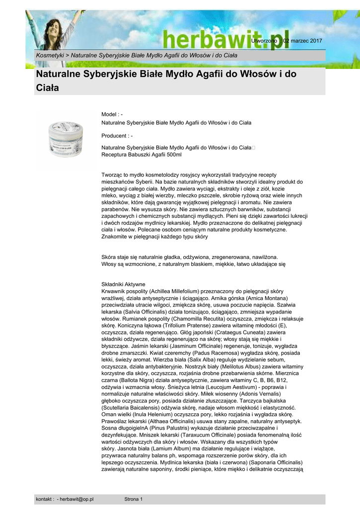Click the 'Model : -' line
point(112,115)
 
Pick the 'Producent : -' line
point(117,135)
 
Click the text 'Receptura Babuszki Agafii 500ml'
point(142,155)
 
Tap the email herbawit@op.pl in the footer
point(77,499)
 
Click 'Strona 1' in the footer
point(133,499)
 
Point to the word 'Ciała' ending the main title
point(48,88)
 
